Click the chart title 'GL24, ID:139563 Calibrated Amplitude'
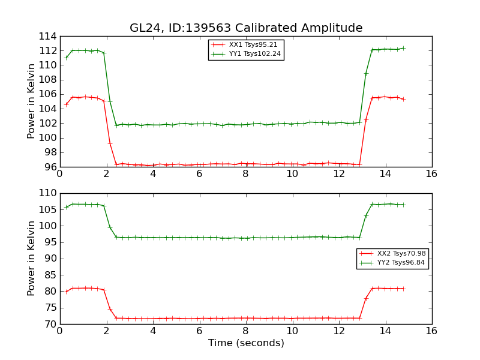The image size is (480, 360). (x=246, y=28)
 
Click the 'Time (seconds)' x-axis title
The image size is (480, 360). (x=246, y=343)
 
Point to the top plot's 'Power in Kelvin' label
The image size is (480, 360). (x=32, y=101)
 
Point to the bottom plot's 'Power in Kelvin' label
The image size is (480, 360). (x=32, y=259)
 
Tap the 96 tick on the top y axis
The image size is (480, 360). (x=50, y=167)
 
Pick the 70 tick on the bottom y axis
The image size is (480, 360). (x=50, y=324)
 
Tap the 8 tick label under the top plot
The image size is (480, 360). (x=245, y=174)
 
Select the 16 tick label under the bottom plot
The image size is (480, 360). (x=431, y=331)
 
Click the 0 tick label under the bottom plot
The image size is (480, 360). (x=59, y=331)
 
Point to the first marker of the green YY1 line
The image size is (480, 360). (x=66, y=58)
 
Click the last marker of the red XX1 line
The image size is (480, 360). (x=403, y=99)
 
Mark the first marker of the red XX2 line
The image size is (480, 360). (x=66, y=292)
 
